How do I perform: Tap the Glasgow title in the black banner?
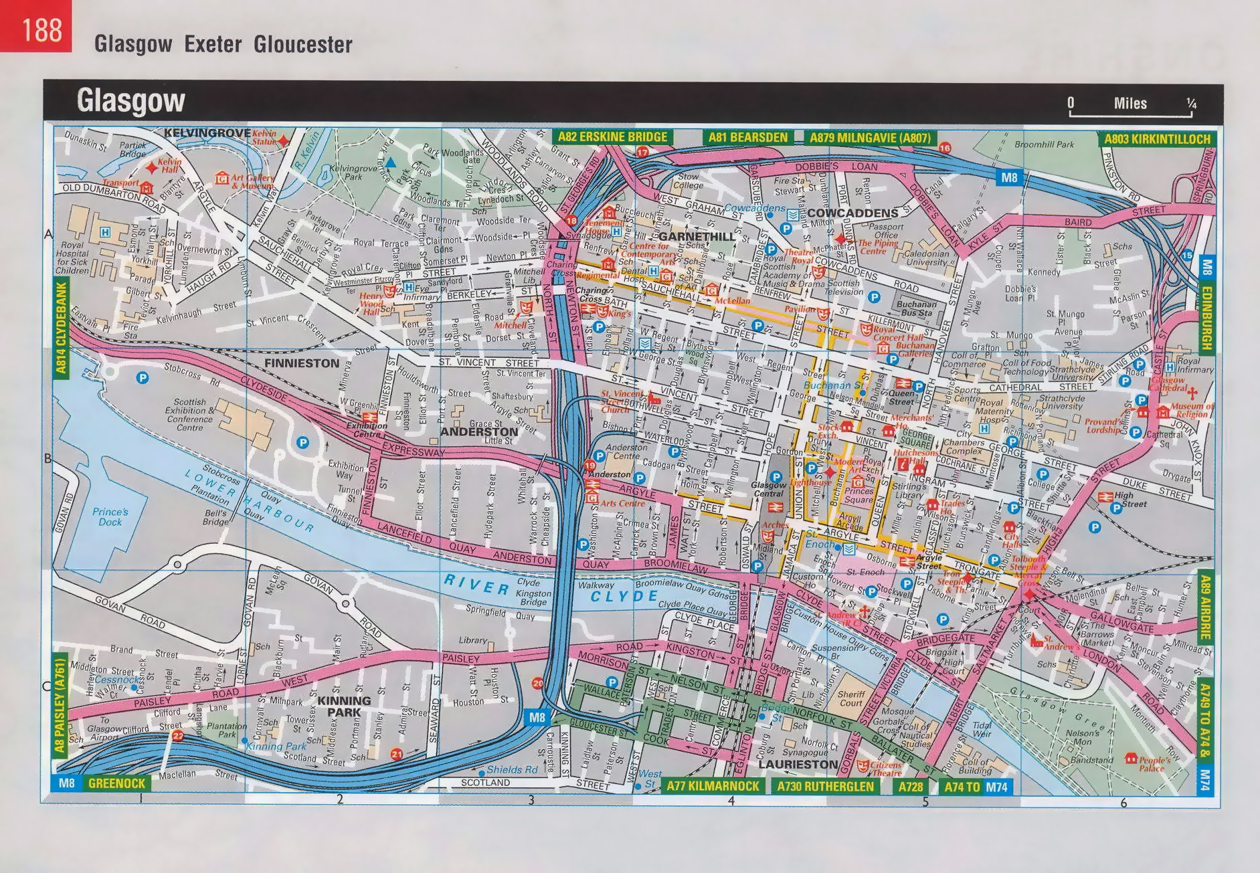coord(130,101)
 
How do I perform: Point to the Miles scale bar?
coord(1131,108)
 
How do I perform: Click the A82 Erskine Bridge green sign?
coord(612,137)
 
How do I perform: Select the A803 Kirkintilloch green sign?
coord(1157,139)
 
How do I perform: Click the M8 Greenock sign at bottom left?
coord(100,783)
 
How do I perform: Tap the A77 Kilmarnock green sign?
coord(712,786)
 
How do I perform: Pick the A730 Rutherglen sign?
coord(825,786)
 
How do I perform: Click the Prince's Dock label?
coord(110,516)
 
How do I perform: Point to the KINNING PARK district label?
coord(344,706)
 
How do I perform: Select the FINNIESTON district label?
coord(302,363)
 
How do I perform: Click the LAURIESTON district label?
coord(798,764)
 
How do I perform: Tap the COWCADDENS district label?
coord(852,213)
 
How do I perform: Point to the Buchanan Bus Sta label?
coord(915,308)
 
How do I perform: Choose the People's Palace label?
coord(1154,763)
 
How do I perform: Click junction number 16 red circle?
coord(944,148)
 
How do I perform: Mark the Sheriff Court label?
coord(851,698)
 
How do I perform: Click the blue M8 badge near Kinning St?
coord(537,717)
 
